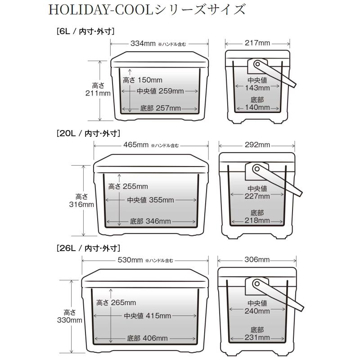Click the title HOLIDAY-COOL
[100, 10]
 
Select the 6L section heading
[85, 31]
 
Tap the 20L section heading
[88, 133]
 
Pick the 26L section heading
[88, 248]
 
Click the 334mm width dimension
[143, 43]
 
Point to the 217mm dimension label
[257, 43]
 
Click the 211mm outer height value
[98, 93]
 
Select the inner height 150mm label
[142, 80]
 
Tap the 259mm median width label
[160, 91]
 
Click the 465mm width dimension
[136, 144]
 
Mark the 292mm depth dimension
[257, 144]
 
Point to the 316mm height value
[81, 204]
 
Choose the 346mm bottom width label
[150, 221]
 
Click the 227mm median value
[257, 196]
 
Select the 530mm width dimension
[130, 260]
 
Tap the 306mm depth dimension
[257, 260]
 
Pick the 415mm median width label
[148, 316]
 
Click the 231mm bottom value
[257, 337]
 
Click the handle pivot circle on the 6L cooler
[257, 63]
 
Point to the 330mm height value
[70, 320]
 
